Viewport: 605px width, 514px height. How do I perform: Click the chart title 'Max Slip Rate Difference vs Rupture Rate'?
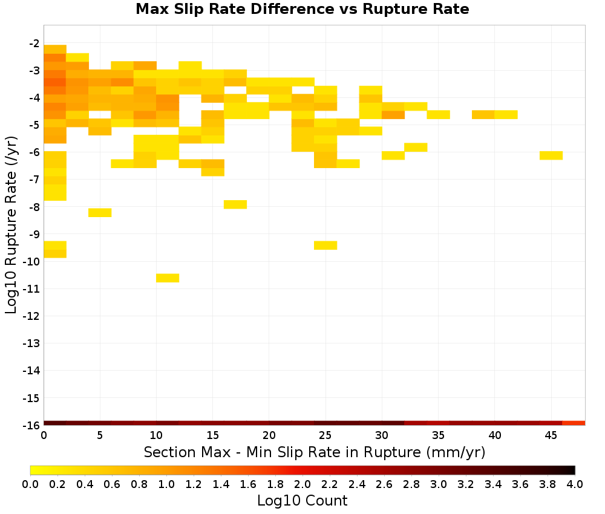pos(302,9)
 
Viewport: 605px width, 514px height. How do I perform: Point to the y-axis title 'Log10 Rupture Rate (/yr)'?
pos(11,225)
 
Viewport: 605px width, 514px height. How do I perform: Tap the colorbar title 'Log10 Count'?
pos(302,501)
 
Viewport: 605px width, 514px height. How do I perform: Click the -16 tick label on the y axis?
pos(31,425)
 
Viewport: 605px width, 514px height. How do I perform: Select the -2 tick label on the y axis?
pos(34,43)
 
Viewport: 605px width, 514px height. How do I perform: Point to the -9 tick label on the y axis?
pos(34,234)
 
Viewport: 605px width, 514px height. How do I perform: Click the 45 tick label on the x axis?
pos(551,435)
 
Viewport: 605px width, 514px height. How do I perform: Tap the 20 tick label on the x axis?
pos(269,435)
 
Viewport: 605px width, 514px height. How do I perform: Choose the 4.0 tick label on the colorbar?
pos(575,484)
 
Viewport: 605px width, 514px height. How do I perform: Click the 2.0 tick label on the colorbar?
pos(302,484)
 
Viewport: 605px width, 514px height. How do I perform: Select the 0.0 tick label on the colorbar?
pos(30,484)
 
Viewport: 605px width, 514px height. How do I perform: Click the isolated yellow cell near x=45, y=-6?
pos(551,155)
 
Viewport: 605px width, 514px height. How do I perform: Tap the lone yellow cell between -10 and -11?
pos(168,278)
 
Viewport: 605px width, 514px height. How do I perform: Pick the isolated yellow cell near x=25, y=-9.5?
pos(325,246)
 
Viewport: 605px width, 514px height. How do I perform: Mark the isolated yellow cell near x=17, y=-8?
pos(235,204)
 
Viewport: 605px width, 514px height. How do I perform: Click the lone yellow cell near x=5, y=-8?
pos(100,212)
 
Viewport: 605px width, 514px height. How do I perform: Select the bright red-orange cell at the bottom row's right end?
pos(574,423)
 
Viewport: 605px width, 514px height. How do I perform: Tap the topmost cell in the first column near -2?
pos(55,50)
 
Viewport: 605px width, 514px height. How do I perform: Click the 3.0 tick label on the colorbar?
pos(439,484)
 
